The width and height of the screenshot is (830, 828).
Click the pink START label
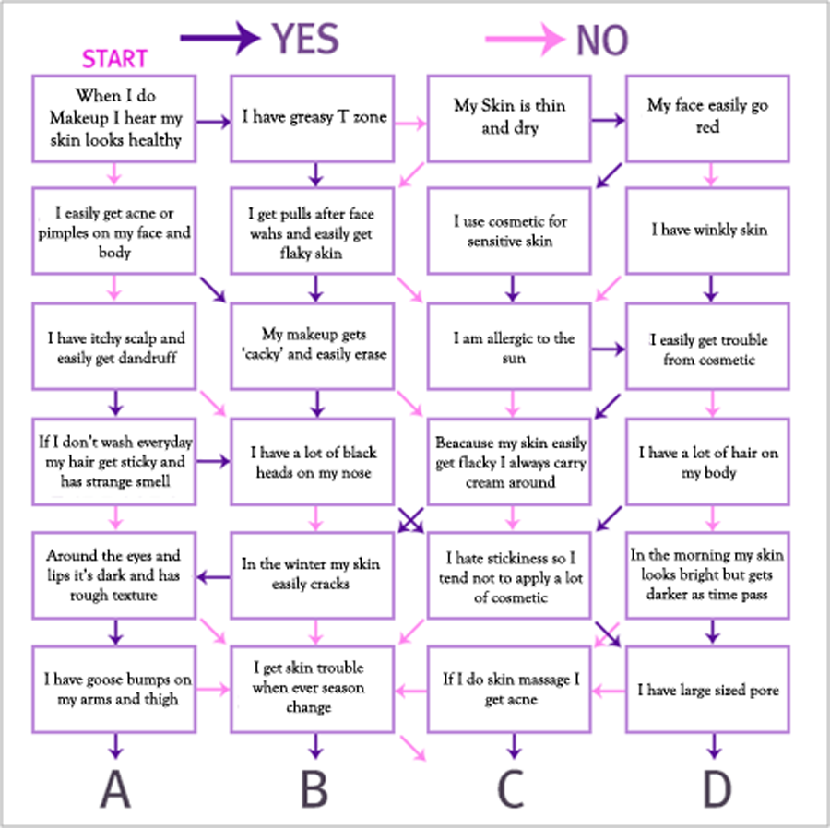(x=114, y=59)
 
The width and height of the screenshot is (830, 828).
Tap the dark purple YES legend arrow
(x=220, y=38)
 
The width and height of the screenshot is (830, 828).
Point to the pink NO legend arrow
(x=525, y=39)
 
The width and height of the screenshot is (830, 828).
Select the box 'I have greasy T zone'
(x=313, y=119)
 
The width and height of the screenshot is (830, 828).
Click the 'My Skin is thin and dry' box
(x=509, y=119)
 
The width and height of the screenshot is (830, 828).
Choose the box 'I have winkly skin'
(x=707, y=231)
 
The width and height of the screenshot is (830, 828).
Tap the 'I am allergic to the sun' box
(x=509, y=347)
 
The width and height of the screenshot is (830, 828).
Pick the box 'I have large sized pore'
(x=707, y=690)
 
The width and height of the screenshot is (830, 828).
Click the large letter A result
(x=115, y=788)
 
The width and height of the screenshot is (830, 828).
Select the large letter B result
(x=314, y=788)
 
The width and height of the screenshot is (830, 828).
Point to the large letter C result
(x=511, y=788)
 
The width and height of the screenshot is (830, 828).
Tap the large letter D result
(x=717, y=788)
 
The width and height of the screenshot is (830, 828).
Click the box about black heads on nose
(x=313, y=462)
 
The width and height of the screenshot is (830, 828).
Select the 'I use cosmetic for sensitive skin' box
(x=509, y=231)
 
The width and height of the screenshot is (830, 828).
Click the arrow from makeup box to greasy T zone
(x=213, y=123)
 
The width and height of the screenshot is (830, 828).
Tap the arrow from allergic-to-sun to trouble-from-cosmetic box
(x=609, y=349)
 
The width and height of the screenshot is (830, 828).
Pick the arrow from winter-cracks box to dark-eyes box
(x=213, y=576)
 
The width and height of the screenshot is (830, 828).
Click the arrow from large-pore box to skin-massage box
(x=609, y=691)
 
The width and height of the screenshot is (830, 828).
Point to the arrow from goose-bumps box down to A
(x=116, y=746)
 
